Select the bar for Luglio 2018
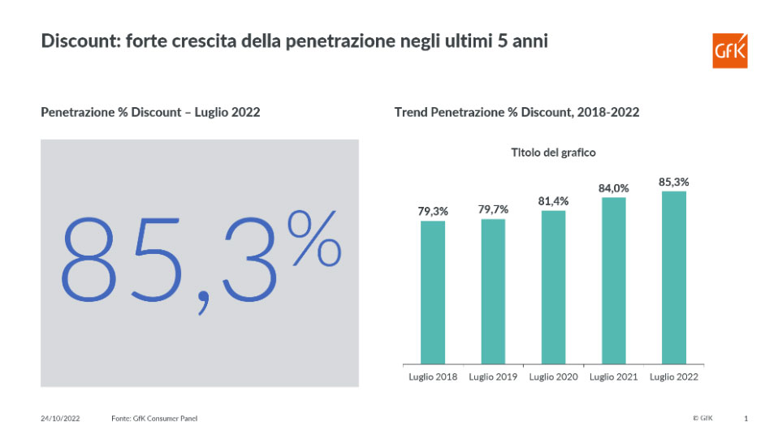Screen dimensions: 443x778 coord(432,292)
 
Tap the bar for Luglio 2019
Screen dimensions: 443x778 coord(493,290)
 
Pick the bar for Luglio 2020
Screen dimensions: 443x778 coord(553,287)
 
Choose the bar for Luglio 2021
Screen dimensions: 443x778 coord(613,281)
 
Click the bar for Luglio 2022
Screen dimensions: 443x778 coord(674,277)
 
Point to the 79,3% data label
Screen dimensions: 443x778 coord(432,212)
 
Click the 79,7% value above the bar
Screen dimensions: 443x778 coord(493,209)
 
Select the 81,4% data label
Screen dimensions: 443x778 coord(553,201)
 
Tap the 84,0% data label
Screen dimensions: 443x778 coord(614,188)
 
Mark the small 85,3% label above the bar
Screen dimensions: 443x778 coord(674,183)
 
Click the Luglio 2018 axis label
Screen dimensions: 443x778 coord(432,377)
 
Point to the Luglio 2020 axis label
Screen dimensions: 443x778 coord(553,377)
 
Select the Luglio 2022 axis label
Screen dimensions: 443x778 coord(674,377)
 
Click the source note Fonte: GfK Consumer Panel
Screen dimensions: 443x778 coord(154,419)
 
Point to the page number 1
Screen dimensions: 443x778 coord(746,419)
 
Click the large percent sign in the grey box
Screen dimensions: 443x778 coord(314,241)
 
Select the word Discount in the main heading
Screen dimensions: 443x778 coord(76,41)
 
